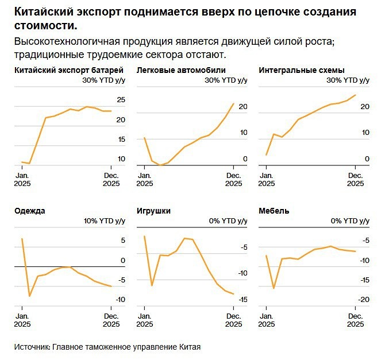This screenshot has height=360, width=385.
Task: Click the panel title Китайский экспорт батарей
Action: click(68, 70)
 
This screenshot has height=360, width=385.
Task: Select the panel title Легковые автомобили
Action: click(172, 70)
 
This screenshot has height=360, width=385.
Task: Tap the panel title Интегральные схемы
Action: click(301, 70)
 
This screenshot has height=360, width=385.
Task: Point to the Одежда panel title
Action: click(29, 211)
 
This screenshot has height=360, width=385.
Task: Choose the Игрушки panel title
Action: click(153, 211)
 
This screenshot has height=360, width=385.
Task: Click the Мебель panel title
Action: click(274, 211)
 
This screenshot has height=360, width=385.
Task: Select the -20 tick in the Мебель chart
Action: click(363, 300)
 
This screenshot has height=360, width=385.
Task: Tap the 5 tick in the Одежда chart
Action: click(122, 241)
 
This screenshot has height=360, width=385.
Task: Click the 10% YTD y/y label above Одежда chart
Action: click(105, 221)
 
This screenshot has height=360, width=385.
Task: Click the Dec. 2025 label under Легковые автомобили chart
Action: click(233, 180)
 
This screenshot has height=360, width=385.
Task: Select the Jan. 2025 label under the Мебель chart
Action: click(266, 320)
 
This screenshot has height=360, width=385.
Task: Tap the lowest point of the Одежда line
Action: click(29, 296)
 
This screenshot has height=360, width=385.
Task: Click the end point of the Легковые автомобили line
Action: click(233, 103)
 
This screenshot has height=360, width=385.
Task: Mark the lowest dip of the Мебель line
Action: click(274, 288)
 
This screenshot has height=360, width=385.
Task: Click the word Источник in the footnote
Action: click(31, 347)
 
